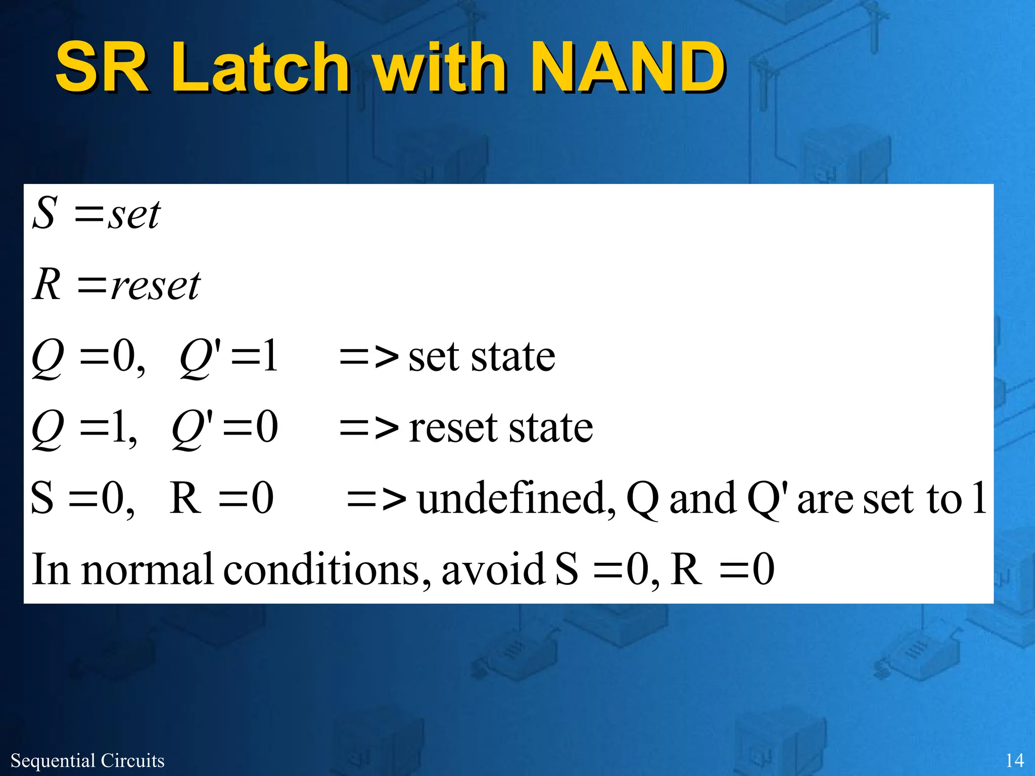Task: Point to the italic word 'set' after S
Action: click(134, 215)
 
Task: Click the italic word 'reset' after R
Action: click(156, 286)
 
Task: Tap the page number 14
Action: click(1014, 760)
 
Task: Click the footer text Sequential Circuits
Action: click(87, 760)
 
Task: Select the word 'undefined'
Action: click(516, 498)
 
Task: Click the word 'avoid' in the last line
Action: click(493, 569)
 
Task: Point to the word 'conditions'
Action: click(327, 569)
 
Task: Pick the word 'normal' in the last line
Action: click(147, 569)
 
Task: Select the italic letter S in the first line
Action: click(44, 213)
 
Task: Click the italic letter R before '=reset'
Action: click(48, 284)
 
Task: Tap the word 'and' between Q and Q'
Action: click(702, 498)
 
